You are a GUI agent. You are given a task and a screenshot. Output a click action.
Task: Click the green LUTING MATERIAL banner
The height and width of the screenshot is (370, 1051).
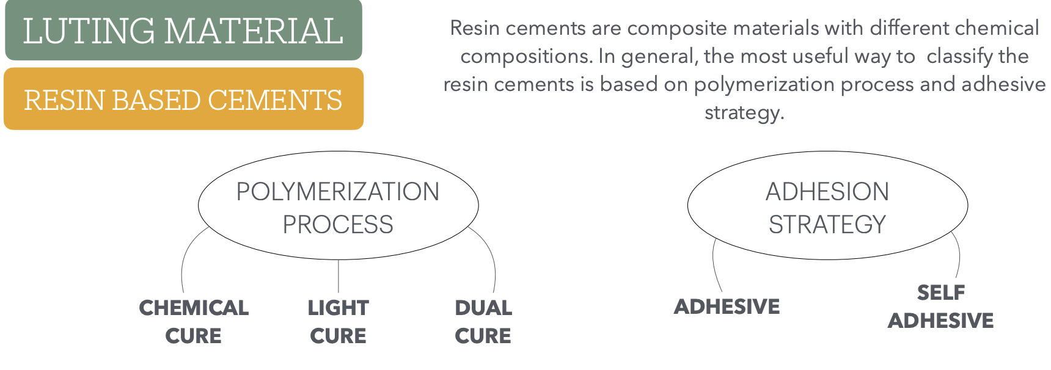[x=183, y=30]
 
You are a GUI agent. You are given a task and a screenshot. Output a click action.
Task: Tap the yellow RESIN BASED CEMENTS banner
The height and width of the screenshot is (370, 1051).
[x=183, y=99]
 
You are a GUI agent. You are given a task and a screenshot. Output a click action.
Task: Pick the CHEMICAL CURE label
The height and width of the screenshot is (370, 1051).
[x=194, y=322]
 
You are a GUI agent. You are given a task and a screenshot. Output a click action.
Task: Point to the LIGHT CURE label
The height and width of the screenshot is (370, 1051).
[x=338, y=322]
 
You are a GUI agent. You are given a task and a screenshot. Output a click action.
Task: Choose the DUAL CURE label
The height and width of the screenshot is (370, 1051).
[x=483, y=322]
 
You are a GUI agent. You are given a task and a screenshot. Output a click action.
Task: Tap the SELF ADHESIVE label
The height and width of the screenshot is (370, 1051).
[x=941, y=307]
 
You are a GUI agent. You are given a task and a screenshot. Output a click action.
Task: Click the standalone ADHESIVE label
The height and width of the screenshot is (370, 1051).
[x=727, y=307]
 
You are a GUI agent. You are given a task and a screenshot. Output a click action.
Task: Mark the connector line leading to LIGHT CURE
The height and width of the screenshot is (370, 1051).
[x=338, y=276]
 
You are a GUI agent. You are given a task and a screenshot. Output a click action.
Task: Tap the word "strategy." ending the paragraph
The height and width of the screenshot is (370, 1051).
[x=744, y=113]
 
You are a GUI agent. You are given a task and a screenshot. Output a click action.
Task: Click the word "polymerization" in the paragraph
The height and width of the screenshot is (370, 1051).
[x=764, y=84]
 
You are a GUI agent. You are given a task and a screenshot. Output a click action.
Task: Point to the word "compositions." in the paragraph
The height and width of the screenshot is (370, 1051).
[x=527, y=56]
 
